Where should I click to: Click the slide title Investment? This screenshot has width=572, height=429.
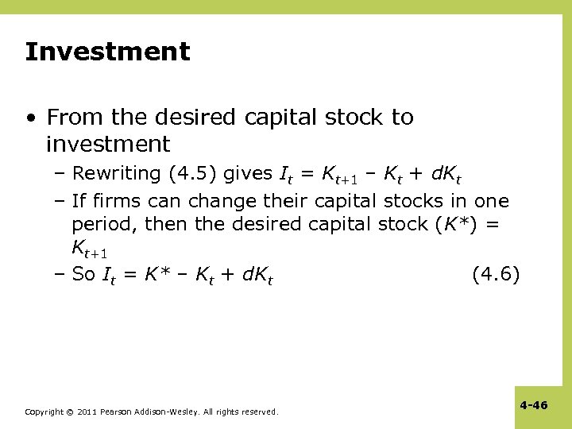tap(107, 52)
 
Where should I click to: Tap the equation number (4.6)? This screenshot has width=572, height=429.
tap(496, 275)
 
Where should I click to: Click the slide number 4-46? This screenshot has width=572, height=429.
tap(534, 405)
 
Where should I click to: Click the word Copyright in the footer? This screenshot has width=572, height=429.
tap(44, 412)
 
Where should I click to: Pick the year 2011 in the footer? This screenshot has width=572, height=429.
tap(88, 412)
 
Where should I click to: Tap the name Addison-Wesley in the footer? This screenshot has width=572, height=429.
tap(164, 412)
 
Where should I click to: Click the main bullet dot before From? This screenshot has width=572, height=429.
tap(31, 118)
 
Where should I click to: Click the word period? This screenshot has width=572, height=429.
tap(103, 225)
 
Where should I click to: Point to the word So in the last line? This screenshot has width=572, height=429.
tap(83, 275)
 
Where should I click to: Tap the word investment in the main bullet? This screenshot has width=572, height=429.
tap(108, 145)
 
